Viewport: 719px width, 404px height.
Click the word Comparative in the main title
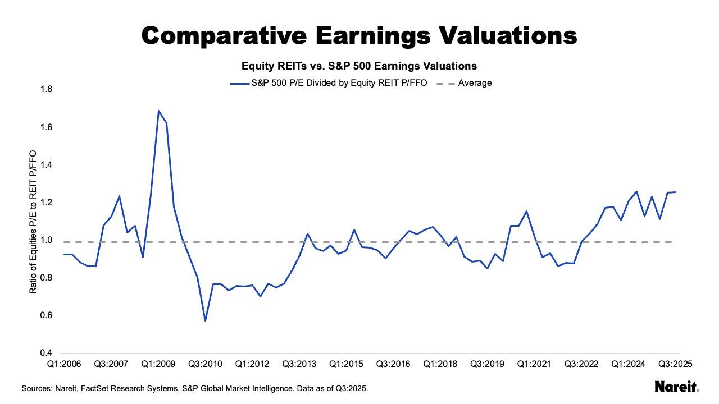click(x=224, y=35)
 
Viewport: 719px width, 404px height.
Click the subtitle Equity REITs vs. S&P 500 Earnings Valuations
click(x=359, y=66)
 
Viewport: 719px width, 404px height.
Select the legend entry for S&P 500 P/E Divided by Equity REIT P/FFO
click(x=339, y=83)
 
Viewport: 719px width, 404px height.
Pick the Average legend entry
click(x=475, y=83)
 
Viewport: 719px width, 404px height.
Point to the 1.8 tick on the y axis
click(x=45, y=90)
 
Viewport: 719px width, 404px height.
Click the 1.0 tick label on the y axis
click(x=45, y=240)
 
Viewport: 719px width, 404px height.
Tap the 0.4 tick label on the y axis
click(x=45, y=353)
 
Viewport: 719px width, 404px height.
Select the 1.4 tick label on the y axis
click(x=45, y=165)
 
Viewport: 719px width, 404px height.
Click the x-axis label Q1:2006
click(x=64, y=364)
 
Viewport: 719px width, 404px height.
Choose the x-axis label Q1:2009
click(x=158, y=364)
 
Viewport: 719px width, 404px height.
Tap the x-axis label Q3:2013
click(x=299, y=364)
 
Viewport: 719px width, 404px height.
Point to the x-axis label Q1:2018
click(x=440, y=364)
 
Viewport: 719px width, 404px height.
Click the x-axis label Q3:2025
click(x=675, y=364)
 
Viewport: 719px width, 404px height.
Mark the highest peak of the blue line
click(x=158, y=111)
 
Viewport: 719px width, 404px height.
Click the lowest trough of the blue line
click(x=205, y=320)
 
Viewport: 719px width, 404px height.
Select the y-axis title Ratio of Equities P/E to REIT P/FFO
click(x=33, y=222)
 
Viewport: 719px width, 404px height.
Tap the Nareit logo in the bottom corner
click(x=676, y=387)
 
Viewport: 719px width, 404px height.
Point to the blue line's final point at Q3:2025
click(x=675, y=192)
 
